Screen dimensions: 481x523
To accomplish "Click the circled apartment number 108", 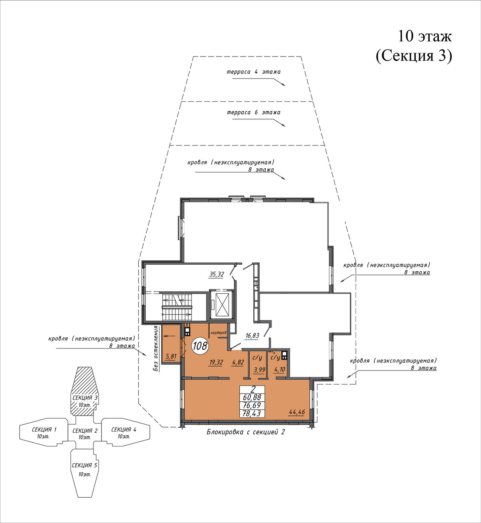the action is [200, 346].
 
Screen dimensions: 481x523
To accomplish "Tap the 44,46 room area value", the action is [297, 412].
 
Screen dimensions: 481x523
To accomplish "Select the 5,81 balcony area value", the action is [171, 357].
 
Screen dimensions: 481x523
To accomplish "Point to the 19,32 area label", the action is [216, 363].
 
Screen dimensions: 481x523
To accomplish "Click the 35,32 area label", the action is [216, 274].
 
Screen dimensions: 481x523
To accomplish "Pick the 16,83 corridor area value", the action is [252, 336].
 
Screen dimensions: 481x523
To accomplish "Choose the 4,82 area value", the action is [238, 363].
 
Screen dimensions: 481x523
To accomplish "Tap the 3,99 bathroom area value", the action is [259, 370].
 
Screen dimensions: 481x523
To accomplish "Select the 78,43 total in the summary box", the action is [252, 413].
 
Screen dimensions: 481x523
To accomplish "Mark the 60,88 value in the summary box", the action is [252, 397].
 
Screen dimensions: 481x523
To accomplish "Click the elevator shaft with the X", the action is [221, 304].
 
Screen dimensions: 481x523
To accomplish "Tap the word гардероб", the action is [218, 332].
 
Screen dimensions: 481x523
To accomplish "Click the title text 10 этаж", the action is [424, 36].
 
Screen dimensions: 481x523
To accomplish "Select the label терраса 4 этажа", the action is [253, 72].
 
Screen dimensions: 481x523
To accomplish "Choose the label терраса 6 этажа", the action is [253, 112].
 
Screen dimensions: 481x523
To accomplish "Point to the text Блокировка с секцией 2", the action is [246, 432].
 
